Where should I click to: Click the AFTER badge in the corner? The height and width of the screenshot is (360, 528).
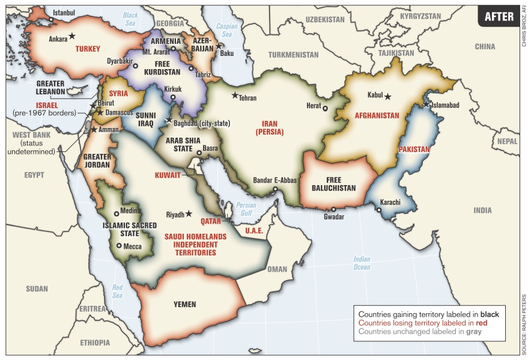click(x=499, y=16)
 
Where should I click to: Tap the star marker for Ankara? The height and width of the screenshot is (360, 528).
click(x=72, y=36)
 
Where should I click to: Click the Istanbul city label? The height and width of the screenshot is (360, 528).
click(x=65, y=12)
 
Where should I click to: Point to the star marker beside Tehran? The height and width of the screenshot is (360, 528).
click(x=235, y=95)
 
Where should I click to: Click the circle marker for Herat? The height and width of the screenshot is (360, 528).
click(x=325, y=109)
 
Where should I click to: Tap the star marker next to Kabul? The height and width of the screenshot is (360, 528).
click(x=387, y=96)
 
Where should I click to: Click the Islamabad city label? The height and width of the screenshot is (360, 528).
click(x=445, y=105)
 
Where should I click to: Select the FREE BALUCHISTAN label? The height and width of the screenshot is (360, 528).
click(x=333, y=184)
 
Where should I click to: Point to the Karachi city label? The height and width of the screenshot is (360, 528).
click(x=390, y=203)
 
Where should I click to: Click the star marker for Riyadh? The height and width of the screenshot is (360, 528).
click(x=189, y=213)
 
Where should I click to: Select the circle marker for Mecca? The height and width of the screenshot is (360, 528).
click(x=119, y=245)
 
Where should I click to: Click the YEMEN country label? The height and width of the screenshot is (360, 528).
click(x=184, y=304)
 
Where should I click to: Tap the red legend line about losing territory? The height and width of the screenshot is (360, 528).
click(x=422, y=323)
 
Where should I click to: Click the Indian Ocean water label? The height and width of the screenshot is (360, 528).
click(x=362, y=263)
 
